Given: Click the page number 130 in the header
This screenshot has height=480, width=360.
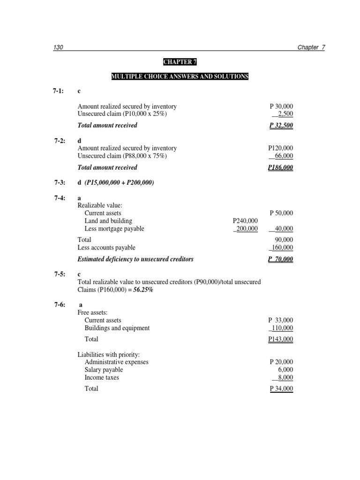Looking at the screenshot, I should pyautogui.click(x=58, y=48).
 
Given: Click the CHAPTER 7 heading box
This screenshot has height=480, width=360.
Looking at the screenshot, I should pyautogui.click(x=180, y=62).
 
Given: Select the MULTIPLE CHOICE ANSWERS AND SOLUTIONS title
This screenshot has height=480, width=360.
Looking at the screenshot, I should pyautogui.click(x=180, y=76).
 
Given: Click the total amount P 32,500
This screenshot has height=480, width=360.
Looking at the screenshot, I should pyautogui.click(x=281, y=125).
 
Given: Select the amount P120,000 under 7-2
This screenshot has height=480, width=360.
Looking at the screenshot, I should pyautogui.click(x=280, y=148).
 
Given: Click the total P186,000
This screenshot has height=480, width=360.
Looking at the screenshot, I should pyautogui.click(x=280, y=167).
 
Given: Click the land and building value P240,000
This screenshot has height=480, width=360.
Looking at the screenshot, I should pyautogui.click(x=245, y=221).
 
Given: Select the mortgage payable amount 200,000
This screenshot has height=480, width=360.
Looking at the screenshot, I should pyautogui.click(x=246, y=229).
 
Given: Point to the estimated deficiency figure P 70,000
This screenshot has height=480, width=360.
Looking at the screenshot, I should pyautogui.click(x=281, y=259).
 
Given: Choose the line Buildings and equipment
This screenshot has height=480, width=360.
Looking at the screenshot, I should pyautogui.click(x=117, y=328).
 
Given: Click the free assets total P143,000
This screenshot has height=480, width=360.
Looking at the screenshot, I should pyautogui.click(x=280, y=339).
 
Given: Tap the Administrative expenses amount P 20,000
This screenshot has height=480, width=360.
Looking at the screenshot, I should pyautogui.click(x=281, y=362).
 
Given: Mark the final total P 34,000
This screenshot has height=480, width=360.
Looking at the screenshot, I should pyautogui.click(x=281, y=389).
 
